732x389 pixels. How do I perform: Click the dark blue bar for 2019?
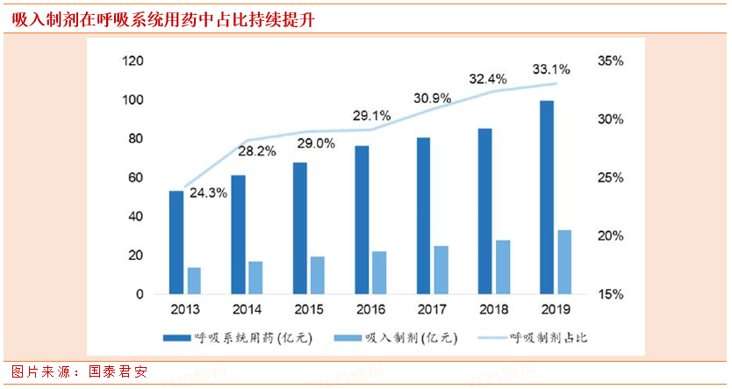click(x=547, y=198)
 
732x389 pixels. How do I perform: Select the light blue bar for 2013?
click(x=194, y=280)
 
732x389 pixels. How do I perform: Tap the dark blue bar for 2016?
click(x=362, y=220)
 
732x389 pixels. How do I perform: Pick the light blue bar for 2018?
click(x=504, y=267)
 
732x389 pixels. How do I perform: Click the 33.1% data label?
click(x=551, y=68)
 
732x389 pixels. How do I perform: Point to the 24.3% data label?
click(x=207, y=191)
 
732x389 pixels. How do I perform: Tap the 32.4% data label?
click(x=488, y=78)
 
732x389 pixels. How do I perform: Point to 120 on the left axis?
click(x=133, y=61)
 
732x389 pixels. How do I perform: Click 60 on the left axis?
click(x=136, y=177)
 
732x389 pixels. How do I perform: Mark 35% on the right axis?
click(x=610, y=61)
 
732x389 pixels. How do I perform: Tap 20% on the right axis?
click(x=610, y=236)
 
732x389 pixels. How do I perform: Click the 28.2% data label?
click(x=257, y=151)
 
